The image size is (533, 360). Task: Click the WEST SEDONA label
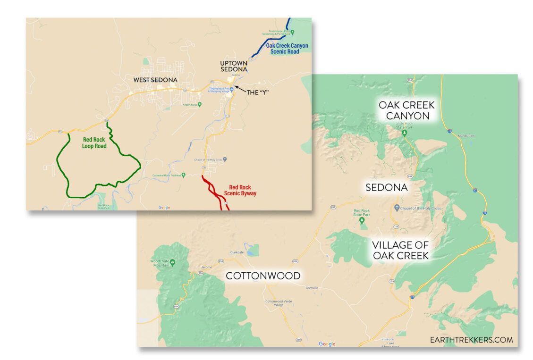click(x=155, y=80)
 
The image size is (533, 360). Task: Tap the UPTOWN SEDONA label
click(x=233, y=66)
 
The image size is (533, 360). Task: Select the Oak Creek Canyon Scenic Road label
click(x=287, y=49)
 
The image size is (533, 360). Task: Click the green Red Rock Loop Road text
click(x=94, y=142)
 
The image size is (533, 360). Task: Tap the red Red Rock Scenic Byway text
click(x=243, y=190)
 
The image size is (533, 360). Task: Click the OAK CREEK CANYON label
click(x=406, y=110)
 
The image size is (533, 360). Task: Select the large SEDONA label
click(x=386, y=187)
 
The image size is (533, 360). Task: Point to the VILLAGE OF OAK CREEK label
click(x=400, y=250)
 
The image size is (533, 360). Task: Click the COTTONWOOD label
click(x=263, y=276)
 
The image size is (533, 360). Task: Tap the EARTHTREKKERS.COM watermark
click(x=471, y=339)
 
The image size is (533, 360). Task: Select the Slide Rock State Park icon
click(x=404, y=134)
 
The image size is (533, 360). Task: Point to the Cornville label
click(x=312, y=288)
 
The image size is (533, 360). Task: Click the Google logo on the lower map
click(x=327, y=344)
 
